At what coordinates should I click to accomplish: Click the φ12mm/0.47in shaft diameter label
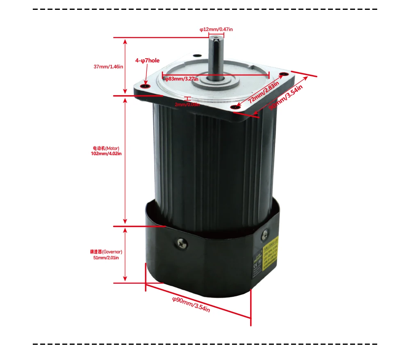tap(216, 29)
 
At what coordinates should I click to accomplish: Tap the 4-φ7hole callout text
tap(147, 60)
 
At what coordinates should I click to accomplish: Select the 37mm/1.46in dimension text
tap(108, 66)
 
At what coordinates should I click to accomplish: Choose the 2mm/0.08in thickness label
tap(187, 104)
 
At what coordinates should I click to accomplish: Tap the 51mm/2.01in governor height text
tap(106, 257)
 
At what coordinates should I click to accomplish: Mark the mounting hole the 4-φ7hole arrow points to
tap(144, 85)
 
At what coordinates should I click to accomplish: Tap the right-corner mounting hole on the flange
tap(283, 74)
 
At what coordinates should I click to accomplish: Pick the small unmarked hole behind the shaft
tap(198, 55)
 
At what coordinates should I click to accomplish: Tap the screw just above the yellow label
tap(264, 234)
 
